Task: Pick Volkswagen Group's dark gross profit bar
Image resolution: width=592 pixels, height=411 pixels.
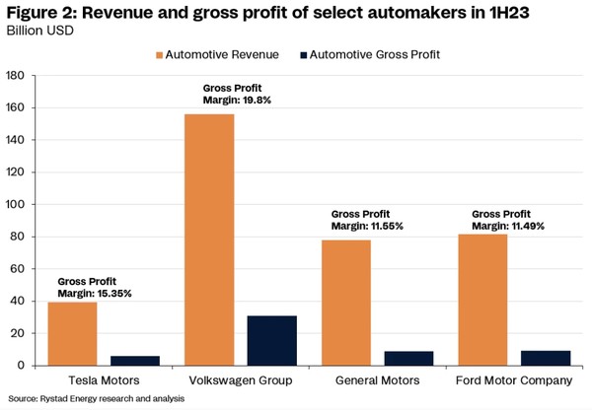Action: [x=272, y=341]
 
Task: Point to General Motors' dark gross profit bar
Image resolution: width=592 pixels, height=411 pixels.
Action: [x=408, y=359]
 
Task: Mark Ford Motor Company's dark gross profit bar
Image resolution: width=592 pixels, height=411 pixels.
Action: [x=545, y=359]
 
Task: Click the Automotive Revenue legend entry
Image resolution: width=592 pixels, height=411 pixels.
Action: [x=217, y=54]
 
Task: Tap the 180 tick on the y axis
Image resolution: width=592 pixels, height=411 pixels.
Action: [x=16, y=76]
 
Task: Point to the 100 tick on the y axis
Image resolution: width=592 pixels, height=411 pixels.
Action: [x=16, y=205]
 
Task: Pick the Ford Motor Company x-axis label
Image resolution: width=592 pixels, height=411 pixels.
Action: [x=513, y=380]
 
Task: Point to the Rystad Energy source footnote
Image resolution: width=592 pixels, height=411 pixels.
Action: [x=74, y=399]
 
